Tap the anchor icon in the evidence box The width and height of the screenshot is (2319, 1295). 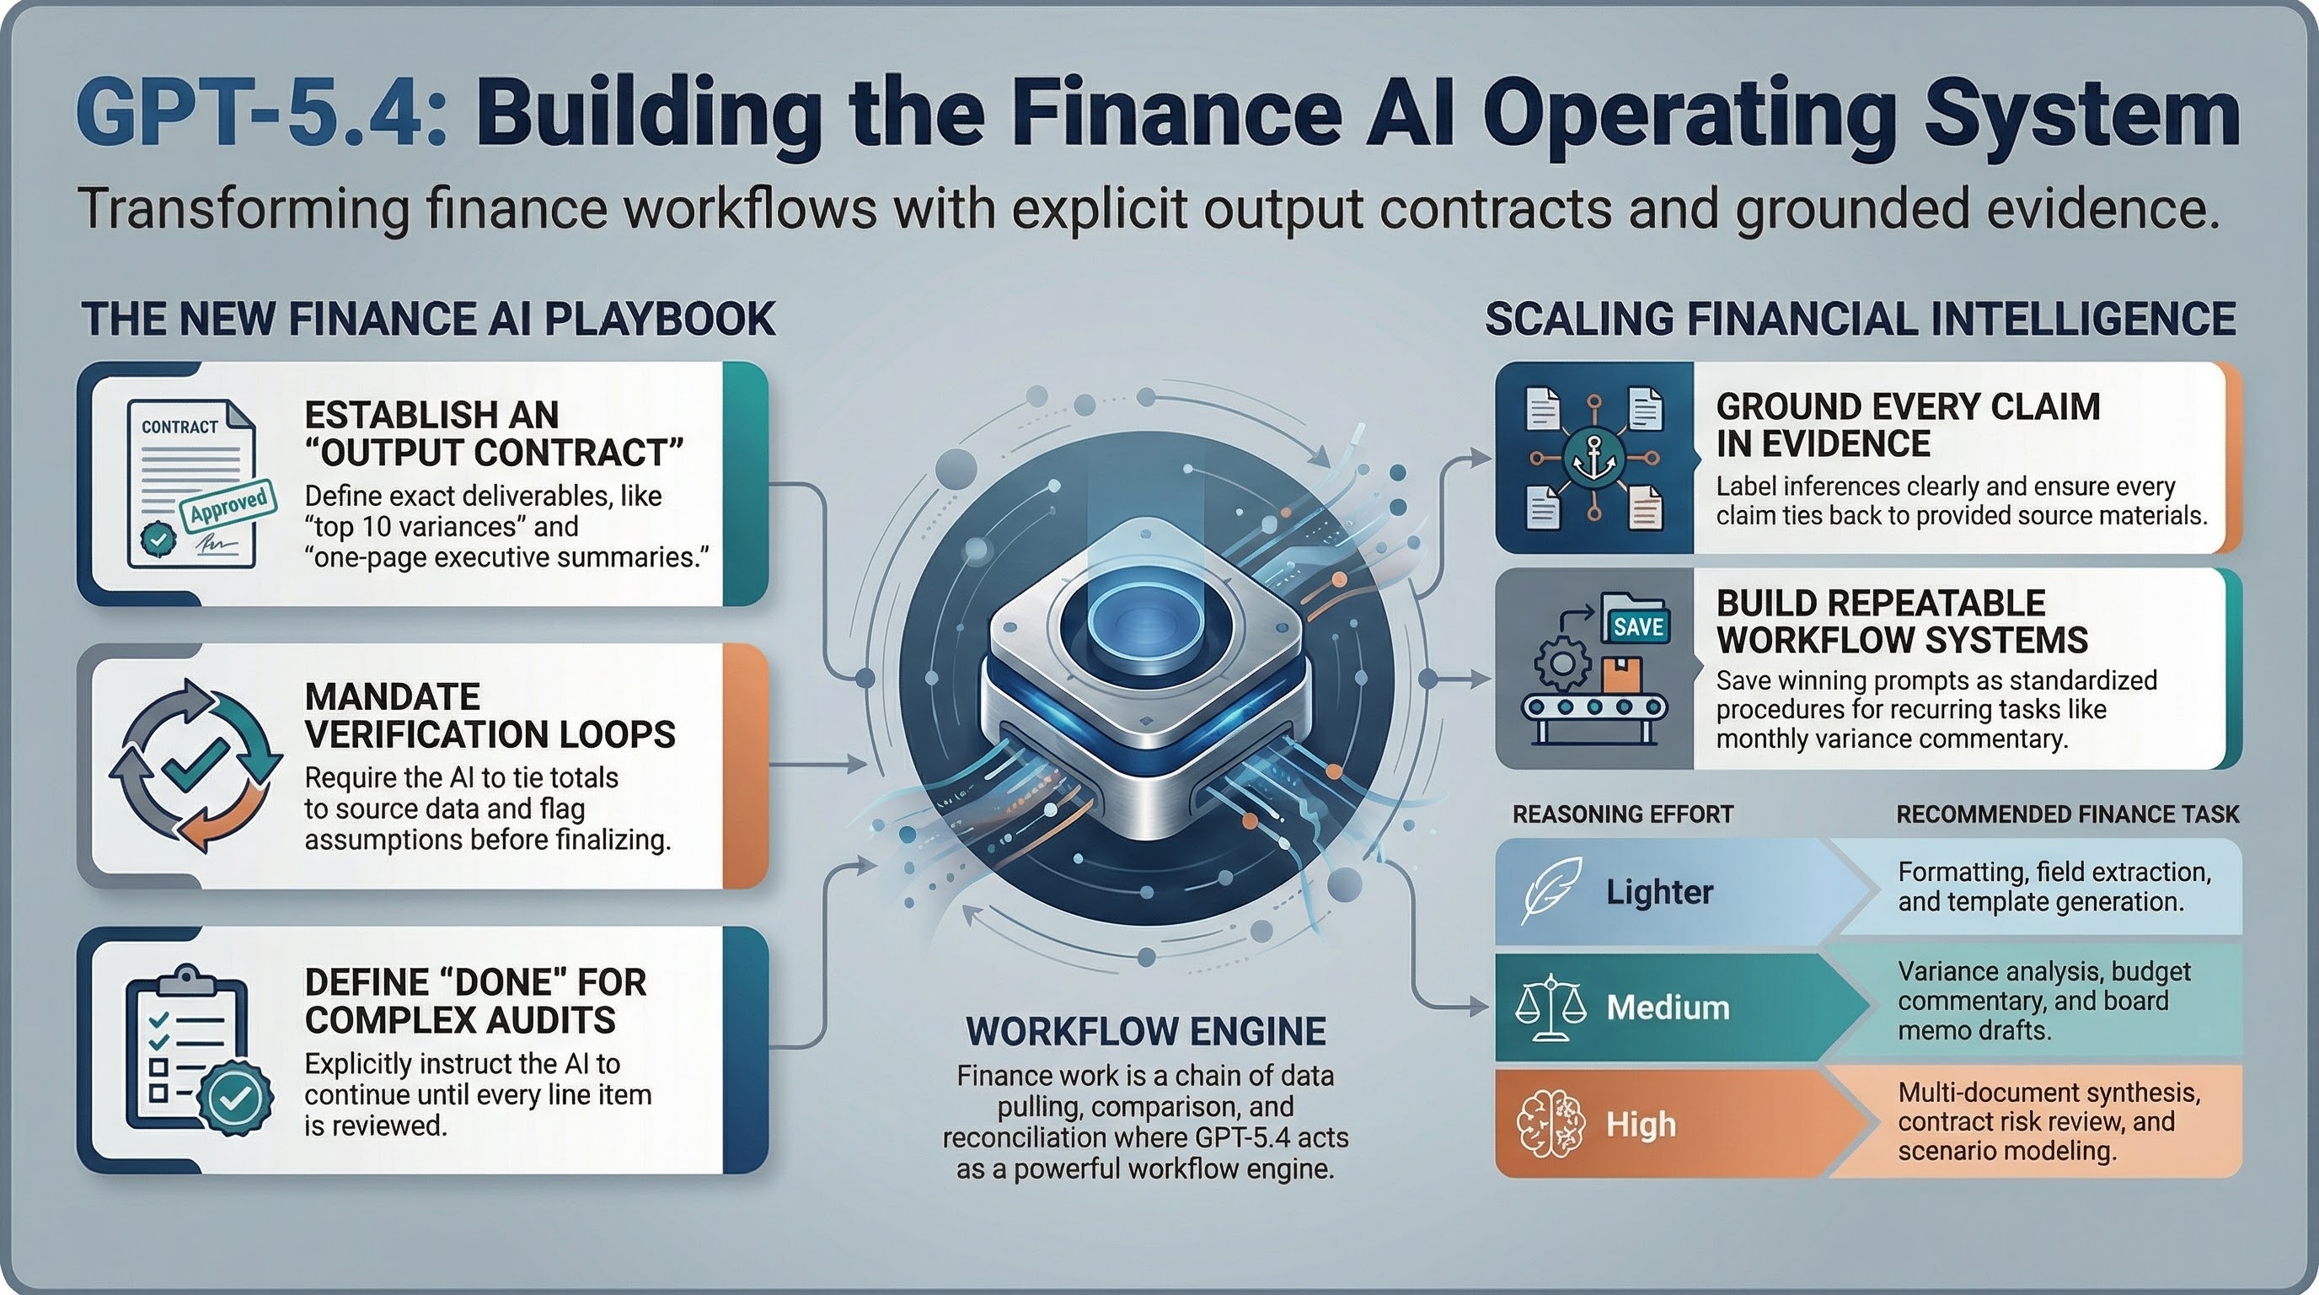[1593, 458]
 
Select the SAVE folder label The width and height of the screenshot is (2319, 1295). [1637, 626]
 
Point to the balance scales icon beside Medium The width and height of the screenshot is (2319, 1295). [1550, 1007]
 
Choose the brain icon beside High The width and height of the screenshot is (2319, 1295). [1550, 1123]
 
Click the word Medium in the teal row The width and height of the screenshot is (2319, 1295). [1668, 1007]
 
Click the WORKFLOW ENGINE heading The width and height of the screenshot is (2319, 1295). [1145, 1031]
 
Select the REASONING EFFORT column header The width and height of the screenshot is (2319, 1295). [1622, 814]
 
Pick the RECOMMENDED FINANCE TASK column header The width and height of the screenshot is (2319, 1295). [2067, 814]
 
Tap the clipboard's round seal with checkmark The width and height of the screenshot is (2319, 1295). [235, 1097]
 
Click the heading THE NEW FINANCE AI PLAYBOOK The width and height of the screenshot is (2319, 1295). [429, 319]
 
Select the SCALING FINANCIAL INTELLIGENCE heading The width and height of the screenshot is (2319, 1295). [1860, 319]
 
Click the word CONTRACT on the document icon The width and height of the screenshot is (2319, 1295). [179, 427]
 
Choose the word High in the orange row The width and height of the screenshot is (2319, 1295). [1640, 1124]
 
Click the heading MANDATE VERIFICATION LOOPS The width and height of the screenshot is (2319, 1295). [490, 715]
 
